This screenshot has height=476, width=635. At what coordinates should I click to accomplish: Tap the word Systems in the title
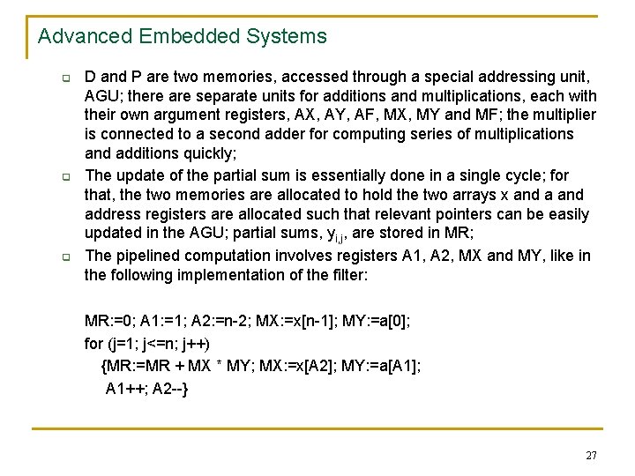click(288, 37)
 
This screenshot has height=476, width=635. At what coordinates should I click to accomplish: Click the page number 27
click(591, 456)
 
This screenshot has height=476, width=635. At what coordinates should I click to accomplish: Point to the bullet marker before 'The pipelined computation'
click(54, 258)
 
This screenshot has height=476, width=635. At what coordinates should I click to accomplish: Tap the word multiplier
click(564, 115)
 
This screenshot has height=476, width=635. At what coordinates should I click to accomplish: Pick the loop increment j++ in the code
click(204, 342)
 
